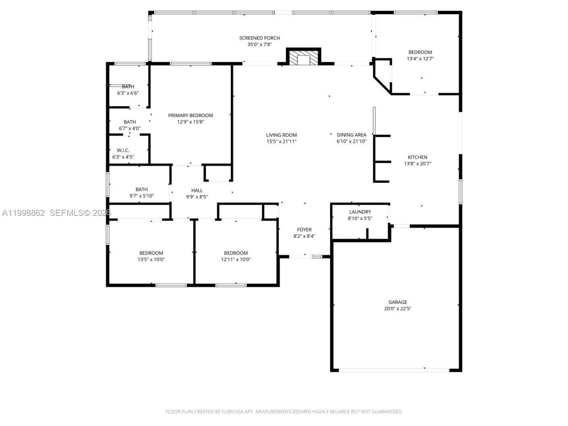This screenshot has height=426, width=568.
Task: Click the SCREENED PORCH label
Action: (260, 38)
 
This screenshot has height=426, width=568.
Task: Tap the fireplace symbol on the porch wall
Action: (304, 58)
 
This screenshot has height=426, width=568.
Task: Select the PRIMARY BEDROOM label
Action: (190, 115)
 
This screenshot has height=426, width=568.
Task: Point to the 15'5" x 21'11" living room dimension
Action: (281, 142)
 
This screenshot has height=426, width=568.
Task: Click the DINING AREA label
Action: (351, 135)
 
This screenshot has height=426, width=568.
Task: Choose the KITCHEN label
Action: (418, 157)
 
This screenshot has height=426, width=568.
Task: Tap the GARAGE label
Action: (398, 302)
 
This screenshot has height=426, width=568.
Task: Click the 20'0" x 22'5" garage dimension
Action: (398, 309)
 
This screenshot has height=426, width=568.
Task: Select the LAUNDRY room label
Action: (360, 212)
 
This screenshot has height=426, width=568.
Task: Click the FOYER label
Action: (304, 229)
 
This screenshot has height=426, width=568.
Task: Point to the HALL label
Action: (197, 190)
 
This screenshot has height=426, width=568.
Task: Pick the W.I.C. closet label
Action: (123, 150)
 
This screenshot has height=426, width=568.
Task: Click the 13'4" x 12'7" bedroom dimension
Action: (420, 59)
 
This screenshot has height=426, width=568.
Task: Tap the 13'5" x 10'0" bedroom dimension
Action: (151, 260)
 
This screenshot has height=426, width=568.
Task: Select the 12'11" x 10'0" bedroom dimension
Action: (236, 260)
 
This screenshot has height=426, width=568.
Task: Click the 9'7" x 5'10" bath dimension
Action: (142, 196)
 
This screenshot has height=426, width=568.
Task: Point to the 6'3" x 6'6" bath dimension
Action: (128, 93)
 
